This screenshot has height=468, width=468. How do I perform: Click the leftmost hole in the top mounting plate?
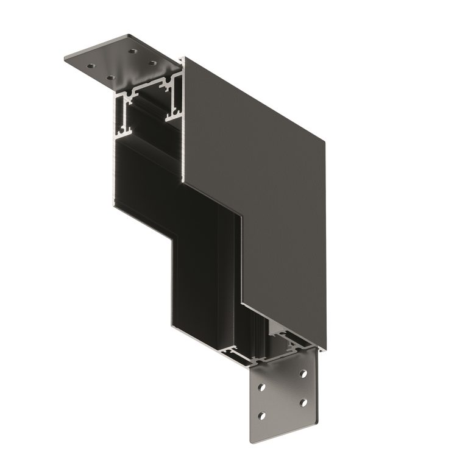[x=90, y=65]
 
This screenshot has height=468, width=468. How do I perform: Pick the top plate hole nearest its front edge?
[x=110, y=77]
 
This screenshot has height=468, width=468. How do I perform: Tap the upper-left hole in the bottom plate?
[x=261, y=388]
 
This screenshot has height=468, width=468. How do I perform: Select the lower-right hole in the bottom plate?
[x=302, y=404]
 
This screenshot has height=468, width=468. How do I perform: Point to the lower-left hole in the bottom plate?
[x=261, y=416]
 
